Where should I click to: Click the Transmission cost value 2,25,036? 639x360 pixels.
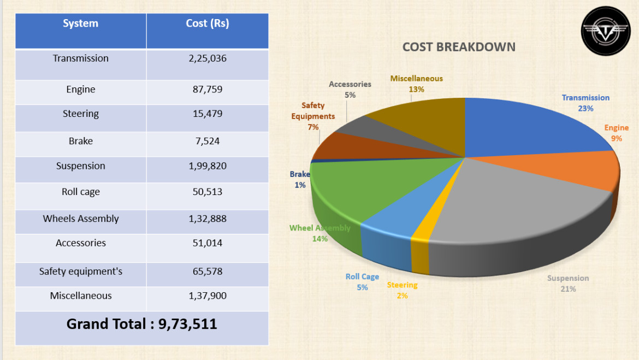207,58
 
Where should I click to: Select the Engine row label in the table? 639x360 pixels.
81,90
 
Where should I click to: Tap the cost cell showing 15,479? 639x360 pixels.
207,114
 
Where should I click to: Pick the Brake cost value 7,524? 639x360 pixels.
207,141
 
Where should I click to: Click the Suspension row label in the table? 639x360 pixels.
81,166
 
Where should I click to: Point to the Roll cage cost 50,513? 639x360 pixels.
207,192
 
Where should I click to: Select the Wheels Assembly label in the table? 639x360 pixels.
81,219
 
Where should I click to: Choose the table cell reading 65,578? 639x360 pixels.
207,272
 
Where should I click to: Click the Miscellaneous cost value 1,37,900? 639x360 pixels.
207,296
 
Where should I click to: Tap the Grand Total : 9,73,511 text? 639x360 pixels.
142,324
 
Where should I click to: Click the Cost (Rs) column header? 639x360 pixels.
207,23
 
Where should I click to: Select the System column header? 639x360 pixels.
81,23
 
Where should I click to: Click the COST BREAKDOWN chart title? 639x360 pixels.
459,47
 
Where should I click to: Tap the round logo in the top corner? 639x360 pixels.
605,31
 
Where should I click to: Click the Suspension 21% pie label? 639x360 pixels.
568,284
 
